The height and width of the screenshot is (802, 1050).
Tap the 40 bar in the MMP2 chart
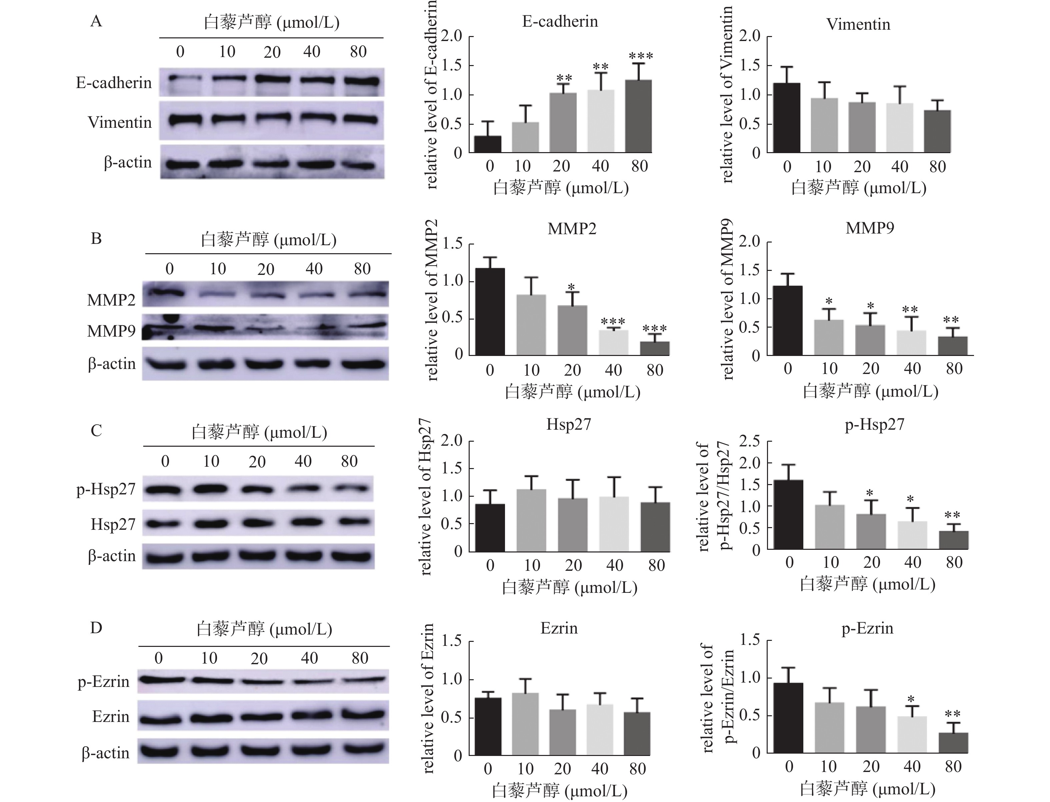(x=613, y=342)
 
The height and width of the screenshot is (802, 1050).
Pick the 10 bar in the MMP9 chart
(x=829, y=338)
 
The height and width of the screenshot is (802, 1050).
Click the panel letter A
(x=96, y=21)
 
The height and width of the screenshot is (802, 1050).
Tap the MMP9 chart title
(x=870, y=228)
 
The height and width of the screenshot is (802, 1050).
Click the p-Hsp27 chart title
(x=874, y=424)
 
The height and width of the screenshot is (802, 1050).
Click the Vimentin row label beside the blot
(x=120, y=122)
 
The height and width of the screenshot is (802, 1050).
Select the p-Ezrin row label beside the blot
(x=104, y=681)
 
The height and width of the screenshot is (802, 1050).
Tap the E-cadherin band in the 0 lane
(x=180, y=78)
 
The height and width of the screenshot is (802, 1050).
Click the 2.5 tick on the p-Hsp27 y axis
(x=749, y=441)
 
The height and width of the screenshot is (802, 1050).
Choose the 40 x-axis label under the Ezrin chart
(x=600, y=769)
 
